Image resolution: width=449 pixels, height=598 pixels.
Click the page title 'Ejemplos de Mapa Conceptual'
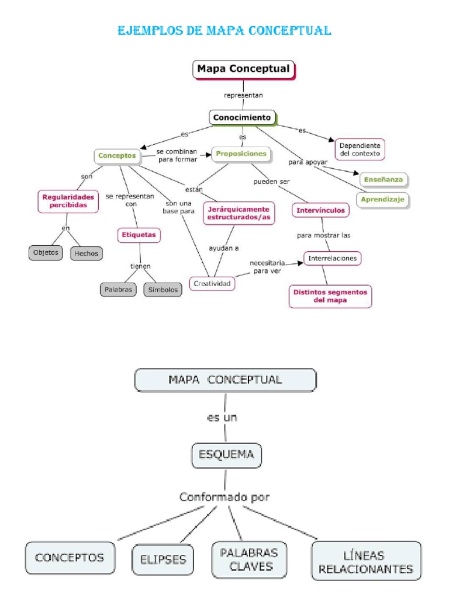[224, 30]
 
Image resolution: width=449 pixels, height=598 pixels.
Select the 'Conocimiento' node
[242, 117]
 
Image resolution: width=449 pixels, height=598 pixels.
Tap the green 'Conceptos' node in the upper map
[117, 156]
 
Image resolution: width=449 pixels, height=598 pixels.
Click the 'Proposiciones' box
[241, 154]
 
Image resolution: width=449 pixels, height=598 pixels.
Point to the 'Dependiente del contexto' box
[360, 149]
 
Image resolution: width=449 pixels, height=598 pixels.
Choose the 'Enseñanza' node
[383, 180]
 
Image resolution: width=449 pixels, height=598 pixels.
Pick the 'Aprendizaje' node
[383, 200]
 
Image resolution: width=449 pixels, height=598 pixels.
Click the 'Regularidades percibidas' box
[68, 201]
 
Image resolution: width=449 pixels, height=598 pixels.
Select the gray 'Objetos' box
[45, 253]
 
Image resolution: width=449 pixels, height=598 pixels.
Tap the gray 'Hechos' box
[87, 253]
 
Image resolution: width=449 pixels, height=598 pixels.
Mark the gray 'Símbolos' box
[163, 289]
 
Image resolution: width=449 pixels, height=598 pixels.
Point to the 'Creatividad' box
[212, 284]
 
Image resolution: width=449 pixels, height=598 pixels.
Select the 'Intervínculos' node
[320, 210]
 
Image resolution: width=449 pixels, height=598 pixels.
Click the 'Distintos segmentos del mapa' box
[330, 295]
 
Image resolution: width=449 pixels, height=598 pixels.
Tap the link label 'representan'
[243, 95]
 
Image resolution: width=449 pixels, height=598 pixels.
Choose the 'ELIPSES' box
[163, 559]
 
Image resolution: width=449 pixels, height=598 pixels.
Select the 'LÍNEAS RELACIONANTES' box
[366, 561]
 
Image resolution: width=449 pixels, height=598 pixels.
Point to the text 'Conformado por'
[224, 498]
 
